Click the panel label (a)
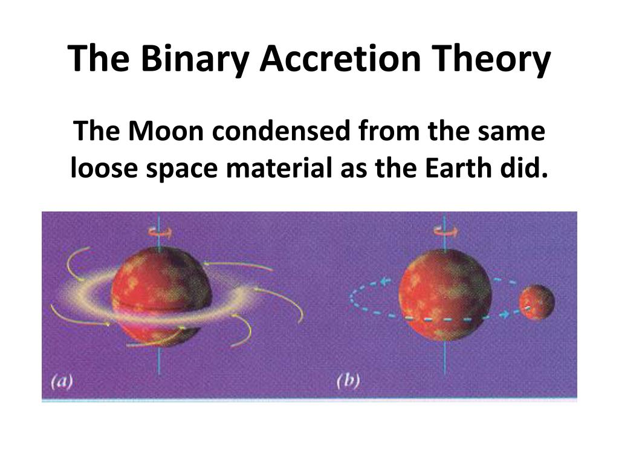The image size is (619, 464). click(x=61, y=382)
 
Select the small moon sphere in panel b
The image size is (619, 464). click(x=536, y=303)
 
